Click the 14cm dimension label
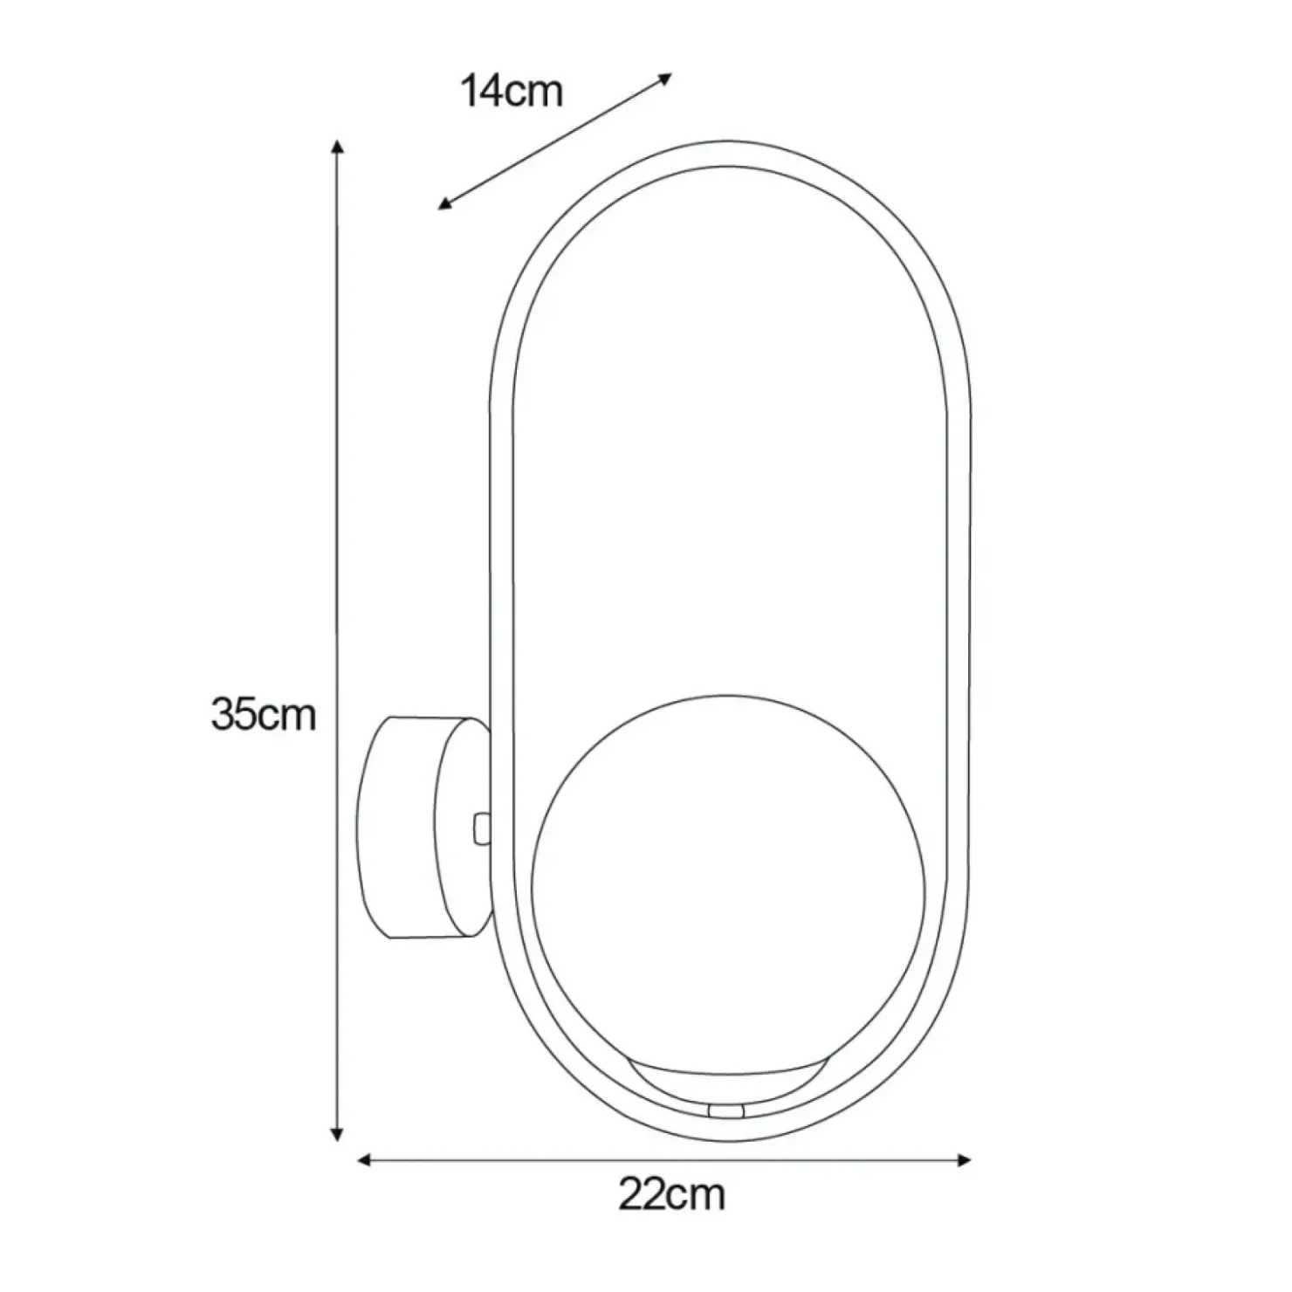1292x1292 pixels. click(512, 92)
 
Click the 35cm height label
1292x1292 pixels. click(263, 714)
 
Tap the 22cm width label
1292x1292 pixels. click(671, 1194)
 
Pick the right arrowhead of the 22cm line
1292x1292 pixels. click(963, 1160)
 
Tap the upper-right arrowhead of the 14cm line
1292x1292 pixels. click(665, 79)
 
